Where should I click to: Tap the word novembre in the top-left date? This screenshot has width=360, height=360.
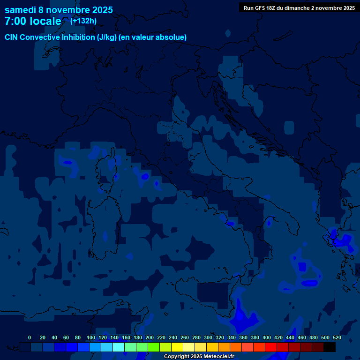click(x=68, y=10)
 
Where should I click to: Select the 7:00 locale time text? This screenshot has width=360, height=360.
click(x=33, y=21)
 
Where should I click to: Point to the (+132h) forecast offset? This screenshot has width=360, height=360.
click(x=83, y=21)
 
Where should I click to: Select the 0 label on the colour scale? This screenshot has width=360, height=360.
click(x=30, y=337)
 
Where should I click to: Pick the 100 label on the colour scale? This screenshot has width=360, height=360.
click(x=91, y=337)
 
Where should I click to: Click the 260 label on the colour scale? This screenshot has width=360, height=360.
click(x=185, y=337)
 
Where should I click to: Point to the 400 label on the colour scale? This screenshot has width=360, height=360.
click(x=267, y=337)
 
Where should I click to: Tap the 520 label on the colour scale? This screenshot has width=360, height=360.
click(x=337, y=337)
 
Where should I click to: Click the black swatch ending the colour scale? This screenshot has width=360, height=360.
click(x=330, y=347)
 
